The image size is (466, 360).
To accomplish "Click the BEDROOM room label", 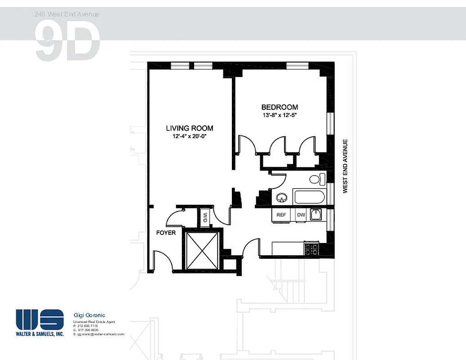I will click(x=280, y=107).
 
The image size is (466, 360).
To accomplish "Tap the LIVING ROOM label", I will click(x=189, y=128).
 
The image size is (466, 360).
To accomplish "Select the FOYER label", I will click(x=166, y=233).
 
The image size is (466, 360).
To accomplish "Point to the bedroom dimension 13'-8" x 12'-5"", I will click(x=280, y=115).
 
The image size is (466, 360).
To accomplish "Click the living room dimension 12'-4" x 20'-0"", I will click(x=189, y=136).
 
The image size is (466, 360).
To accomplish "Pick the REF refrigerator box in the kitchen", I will click(x=281, y=215).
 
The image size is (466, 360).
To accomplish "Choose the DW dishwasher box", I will click(x=301, y=215).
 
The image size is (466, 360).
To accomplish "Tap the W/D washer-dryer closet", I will click(x=205, y=217).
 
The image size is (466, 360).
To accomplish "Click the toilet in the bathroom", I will click(x=317, y=179).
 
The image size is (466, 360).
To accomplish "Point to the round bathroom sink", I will click(x=282, y=197).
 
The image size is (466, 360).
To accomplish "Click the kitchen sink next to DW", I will click(x=316, y=215).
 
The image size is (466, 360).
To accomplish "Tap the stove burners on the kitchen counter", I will click(x=312, y=248).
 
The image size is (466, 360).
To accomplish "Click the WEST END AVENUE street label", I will click(x=346, y=166).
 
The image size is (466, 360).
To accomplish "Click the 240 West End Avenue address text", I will click(x=67, y=14).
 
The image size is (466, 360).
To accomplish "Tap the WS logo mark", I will click(x=40, y=319).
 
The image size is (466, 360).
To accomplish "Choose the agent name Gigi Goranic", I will click(x=89, y=315).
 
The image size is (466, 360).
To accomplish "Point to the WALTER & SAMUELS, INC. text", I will click(x=40, y=334).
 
